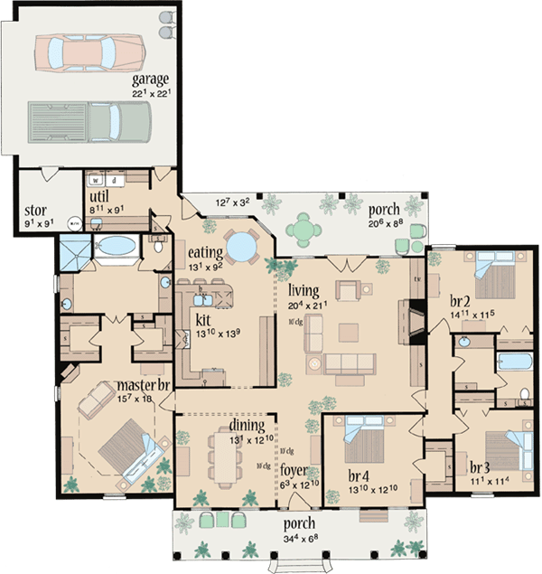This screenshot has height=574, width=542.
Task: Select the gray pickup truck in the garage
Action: point(89,119)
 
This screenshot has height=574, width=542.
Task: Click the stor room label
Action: point(35,206)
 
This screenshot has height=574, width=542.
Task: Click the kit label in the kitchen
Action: point(203,318)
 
